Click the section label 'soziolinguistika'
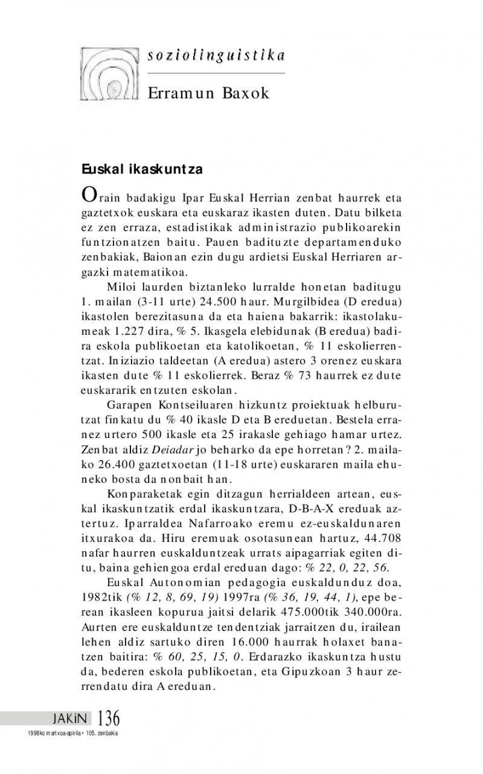pyautogui.click(x=216, y=56)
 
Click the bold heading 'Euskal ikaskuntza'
pyautogui.click(x=142, y=170)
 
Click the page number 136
pyautogui.click(x=108, y=718)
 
